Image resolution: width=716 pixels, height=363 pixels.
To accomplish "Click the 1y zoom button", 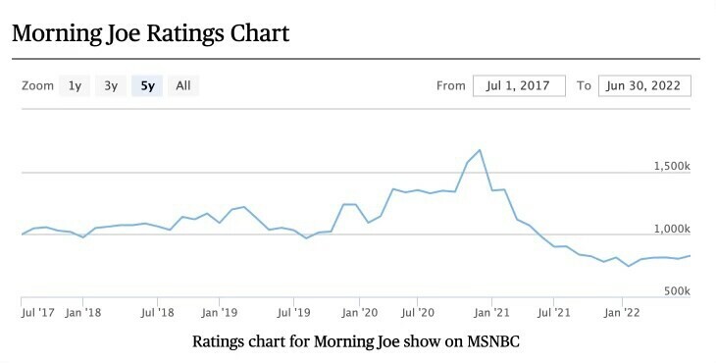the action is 75,85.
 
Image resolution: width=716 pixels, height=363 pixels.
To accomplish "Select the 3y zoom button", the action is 111,85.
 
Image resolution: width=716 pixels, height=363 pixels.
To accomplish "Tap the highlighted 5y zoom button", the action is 147,85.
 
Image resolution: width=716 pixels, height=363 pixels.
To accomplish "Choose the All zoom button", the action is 183,85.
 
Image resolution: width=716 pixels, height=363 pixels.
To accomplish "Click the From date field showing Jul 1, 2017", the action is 519,85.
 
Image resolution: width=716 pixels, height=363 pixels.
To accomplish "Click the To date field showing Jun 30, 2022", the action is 644,85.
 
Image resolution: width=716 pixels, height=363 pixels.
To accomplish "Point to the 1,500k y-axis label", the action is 672,166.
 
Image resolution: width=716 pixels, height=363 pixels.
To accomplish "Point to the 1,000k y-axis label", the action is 672,229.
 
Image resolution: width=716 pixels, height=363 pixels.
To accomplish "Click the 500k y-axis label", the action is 677,290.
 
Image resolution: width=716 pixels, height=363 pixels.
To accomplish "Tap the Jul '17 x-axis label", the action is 38,313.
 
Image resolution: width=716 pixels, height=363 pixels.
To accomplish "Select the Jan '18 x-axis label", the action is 83,313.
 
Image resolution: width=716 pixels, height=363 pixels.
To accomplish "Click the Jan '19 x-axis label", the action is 219,313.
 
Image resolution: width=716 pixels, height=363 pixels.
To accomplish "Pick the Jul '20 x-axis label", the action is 418,313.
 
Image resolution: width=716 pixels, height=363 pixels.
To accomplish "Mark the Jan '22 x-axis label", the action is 622,313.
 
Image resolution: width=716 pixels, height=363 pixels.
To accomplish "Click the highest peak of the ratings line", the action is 480,150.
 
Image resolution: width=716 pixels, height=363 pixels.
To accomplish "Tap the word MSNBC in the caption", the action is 493,341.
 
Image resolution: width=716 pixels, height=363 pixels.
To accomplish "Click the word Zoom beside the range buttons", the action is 37,85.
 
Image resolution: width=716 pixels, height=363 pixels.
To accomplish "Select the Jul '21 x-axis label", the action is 554,313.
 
